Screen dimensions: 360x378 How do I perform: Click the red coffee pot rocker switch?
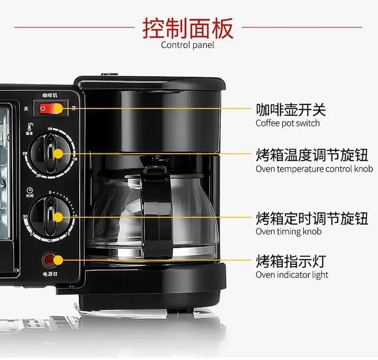pos(48,108)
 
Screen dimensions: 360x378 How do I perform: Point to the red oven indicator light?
pos(49,260)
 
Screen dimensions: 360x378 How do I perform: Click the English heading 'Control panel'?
pos(187,45)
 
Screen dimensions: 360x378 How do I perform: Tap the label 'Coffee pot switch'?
pos(287,123)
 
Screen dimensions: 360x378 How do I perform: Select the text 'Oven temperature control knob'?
pos(314,169)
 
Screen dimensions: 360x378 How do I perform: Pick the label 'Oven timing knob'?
pos(288,232)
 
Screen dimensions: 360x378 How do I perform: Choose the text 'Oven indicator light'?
pos(292,275)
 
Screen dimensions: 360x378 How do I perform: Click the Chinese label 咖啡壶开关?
pos(290,110)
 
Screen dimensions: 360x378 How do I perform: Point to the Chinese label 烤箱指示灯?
pos(290,262)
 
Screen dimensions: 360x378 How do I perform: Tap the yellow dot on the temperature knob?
pos(58,154)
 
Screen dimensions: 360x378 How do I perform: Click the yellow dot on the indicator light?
pos(58,261)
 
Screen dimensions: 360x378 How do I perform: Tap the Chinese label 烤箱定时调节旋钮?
pos(312,219)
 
